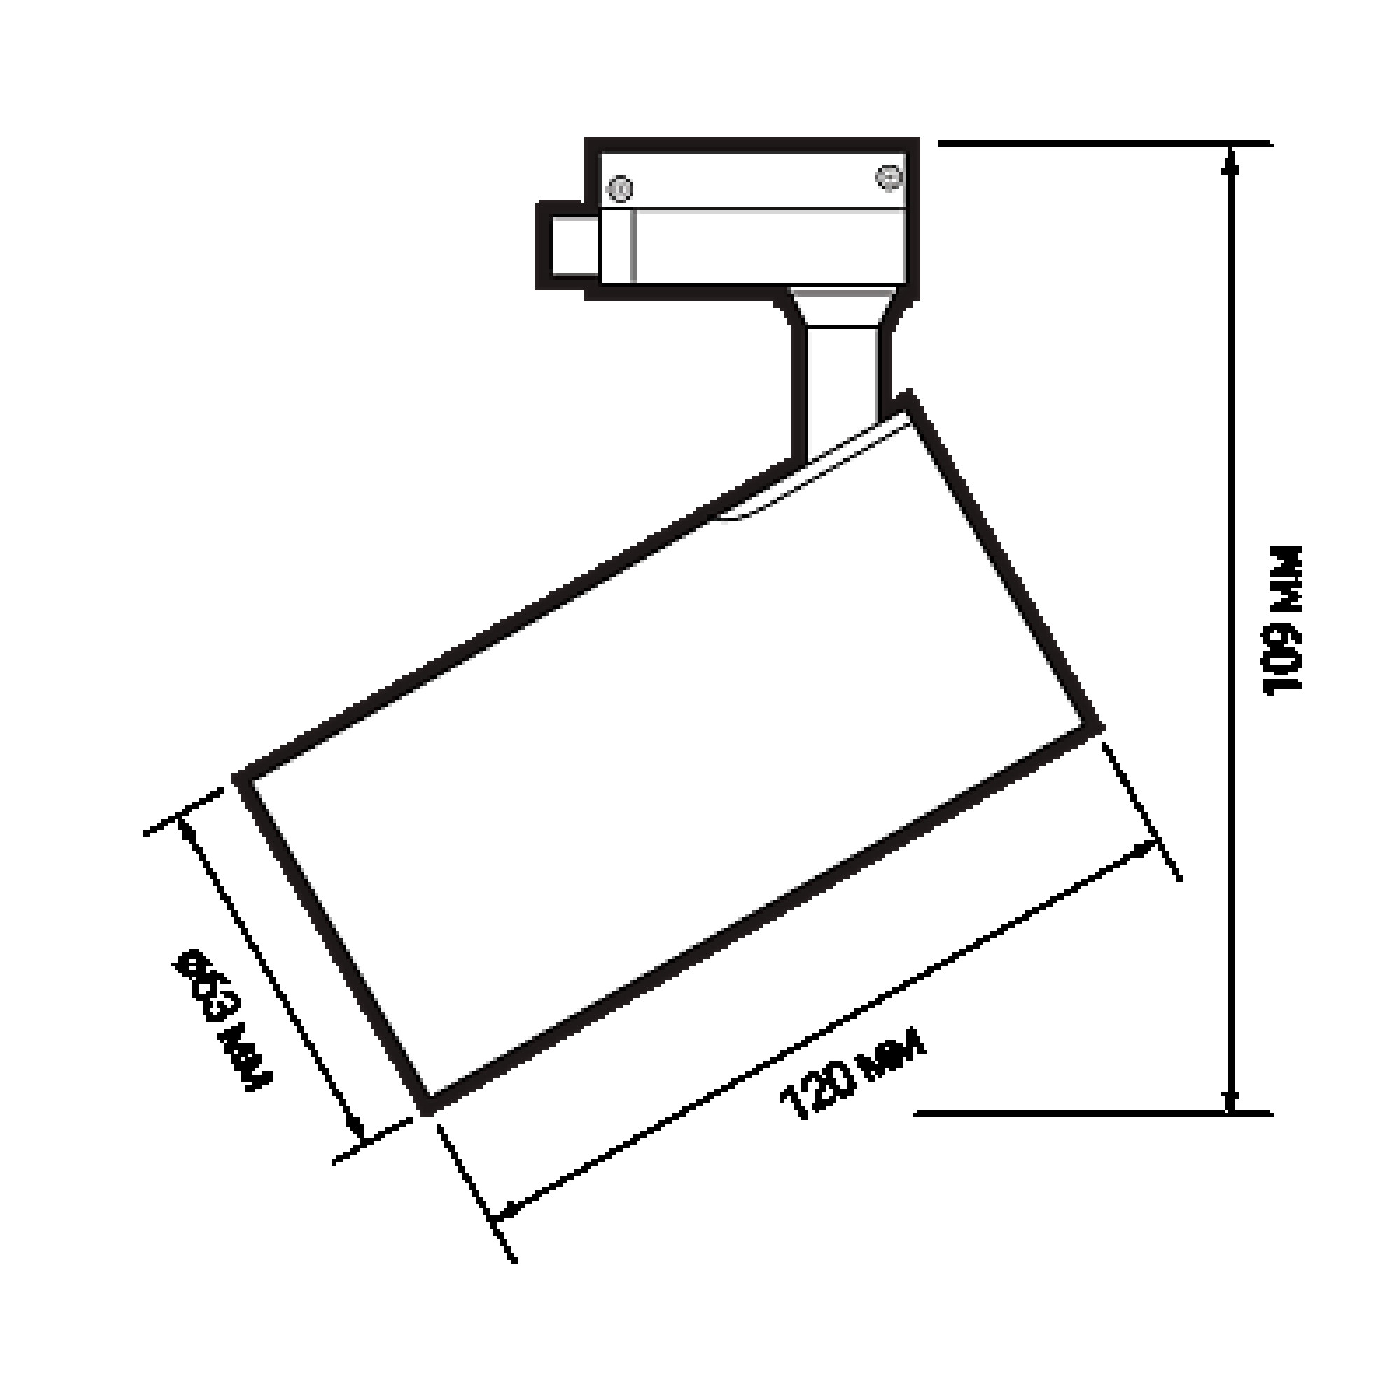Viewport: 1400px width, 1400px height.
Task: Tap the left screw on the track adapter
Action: click(620, 188)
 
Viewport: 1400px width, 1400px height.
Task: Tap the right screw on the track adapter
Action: click(888, 177)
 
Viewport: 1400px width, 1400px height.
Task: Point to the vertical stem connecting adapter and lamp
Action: click(843, 384)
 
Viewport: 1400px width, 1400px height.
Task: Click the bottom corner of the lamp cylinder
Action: click(428, 1108)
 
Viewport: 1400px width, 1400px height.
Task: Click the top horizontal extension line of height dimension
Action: click(1101, 143)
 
